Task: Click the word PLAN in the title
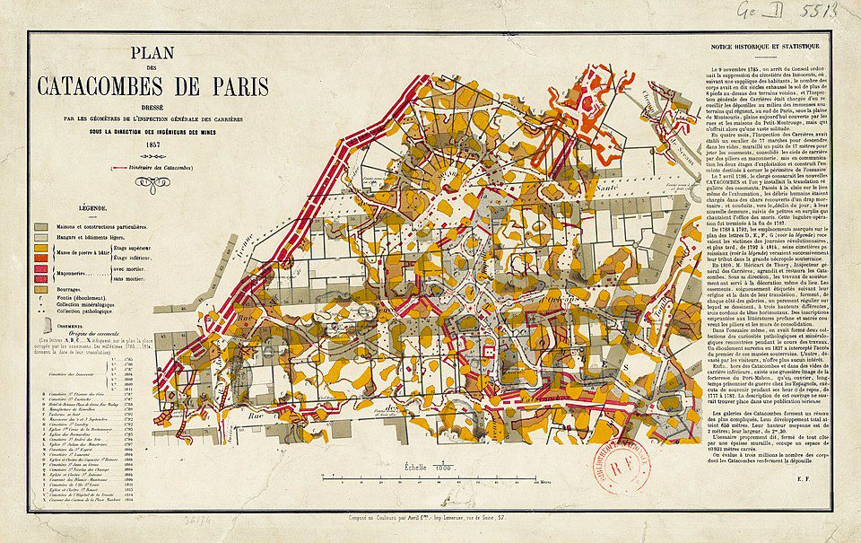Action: click(x=152, y=55)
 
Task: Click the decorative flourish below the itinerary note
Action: click(x=152, y=184)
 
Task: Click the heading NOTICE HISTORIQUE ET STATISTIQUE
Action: click(x=763, y=46)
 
